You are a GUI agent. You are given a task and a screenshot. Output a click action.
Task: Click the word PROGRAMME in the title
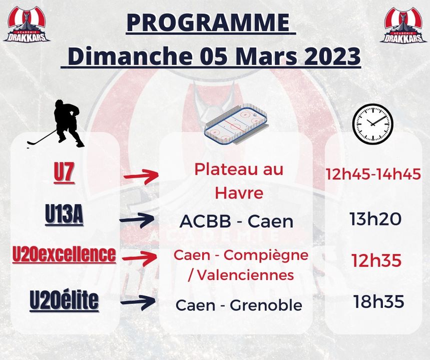pyautogui.click(x=208, y=22)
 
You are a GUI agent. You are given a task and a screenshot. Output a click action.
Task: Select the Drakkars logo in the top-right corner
pyautogui.click(x=403, y=24)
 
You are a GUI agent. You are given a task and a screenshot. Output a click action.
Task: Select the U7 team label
pyautogui.click(x=64, y=173)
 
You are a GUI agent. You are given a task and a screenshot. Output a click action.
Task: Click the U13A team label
pyautogui.click(x=64, y=215)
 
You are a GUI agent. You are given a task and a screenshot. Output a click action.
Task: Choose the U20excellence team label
pyautogui.click(x=64, y=254)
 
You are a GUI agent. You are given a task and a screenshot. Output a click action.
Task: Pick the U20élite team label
pyautogui.click(x=64, y=300)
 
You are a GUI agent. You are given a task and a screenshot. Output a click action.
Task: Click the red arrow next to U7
pyautogui.click(x=142, y=176)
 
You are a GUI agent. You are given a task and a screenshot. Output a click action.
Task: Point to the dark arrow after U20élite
pyautogui.click(x=139, y=302)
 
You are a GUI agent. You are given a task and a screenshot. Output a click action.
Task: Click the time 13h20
pyautogui.click(x=375, y=219)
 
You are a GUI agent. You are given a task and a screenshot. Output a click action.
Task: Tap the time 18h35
pyautogui.click(x=379, y=301)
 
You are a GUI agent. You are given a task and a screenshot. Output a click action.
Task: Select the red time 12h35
pyautogui.click(x=376, y=260)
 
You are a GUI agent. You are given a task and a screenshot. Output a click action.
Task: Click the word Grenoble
pyautogui.click(x=266, y=305)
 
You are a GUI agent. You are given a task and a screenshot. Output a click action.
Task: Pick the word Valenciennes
pyautogui.click(x=245, y=275)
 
